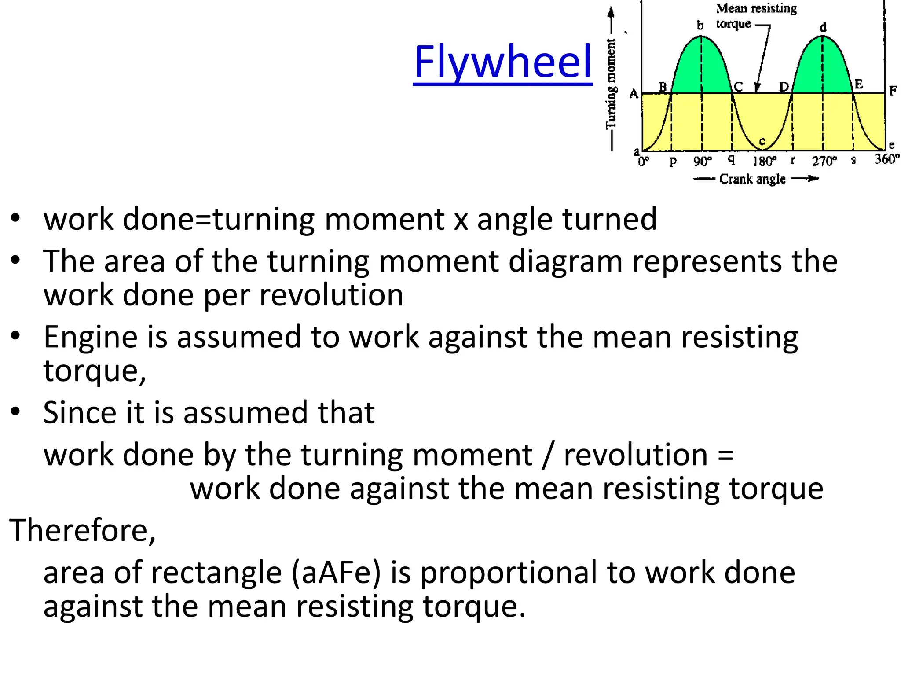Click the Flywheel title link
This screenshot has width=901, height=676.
pos(502,62)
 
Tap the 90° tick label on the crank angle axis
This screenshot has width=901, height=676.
pos(702,161)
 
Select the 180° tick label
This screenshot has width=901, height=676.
pos(764,161)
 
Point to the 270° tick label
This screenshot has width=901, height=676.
pos(824,161)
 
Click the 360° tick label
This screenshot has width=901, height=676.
pos(886,159)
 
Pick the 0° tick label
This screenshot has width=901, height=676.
pos(643,162)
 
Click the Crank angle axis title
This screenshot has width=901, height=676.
pos(752,179)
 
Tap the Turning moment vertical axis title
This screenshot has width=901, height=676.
pos(611,84)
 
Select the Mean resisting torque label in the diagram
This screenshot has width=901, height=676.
pos(755,16)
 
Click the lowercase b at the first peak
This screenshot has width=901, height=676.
pos(700,26)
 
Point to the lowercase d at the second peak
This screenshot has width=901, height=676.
pos(823,28)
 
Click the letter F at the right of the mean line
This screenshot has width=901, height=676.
pos(893,91)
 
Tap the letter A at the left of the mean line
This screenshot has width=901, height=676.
pos(634,93)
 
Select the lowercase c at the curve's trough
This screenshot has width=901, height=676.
pos(762,141)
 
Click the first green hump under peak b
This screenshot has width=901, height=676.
pos(701,70)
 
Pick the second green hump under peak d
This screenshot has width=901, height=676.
pos(822,70)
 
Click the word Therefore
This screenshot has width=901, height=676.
pos(82,530)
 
